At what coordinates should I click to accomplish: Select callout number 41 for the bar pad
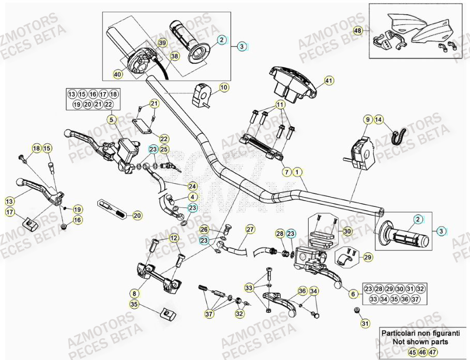click(328, 80)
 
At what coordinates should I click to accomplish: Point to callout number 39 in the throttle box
click(162, 43)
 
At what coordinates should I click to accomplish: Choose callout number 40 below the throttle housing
click(117, 74)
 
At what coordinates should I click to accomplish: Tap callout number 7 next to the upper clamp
click(285, 171)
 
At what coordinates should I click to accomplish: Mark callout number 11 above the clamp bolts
click(280, 104)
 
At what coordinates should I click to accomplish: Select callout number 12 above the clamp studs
click(173, 238)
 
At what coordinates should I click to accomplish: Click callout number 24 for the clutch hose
click(192, 185)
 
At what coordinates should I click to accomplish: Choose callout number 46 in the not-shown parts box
click(422, 352)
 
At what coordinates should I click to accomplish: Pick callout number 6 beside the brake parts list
click(353, 294)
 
